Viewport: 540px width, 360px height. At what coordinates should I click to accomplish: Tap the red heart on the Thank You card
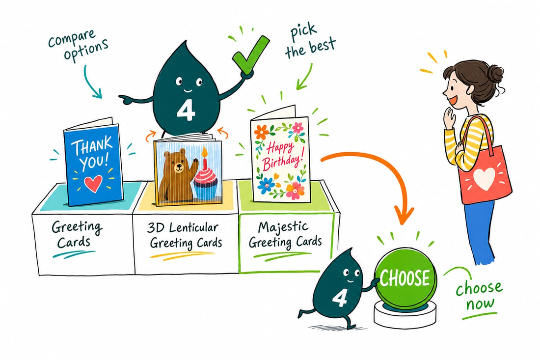[x=93, y=183]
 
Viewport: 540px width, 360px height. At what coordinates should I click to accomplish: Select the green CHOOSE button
[x=405, y=278]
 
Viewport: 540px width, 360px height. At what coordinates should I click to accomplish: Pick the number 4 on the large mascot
[x=186, y=110]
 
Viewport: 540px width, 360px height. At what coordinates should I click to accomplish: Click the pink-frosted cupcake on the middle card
[x=206, y=182]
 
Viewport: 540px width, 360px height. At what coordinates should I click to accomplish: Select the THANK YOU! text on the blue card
[x=92, y=154]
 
